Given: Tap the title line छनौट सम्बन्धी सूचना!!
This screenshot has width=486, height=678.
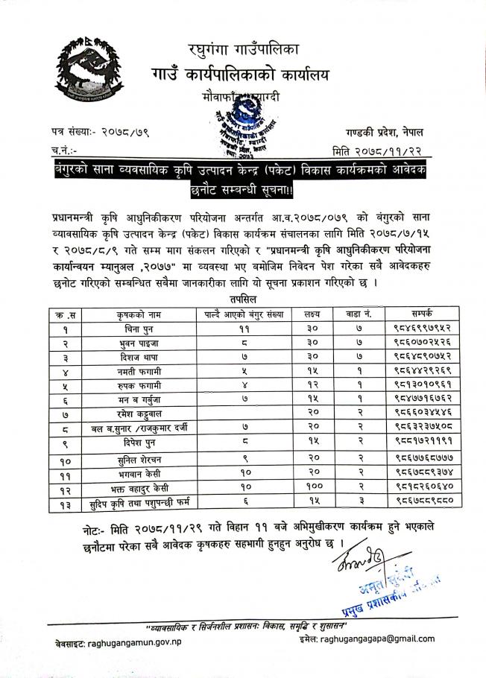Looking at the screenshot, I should [x=243, y=191].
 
